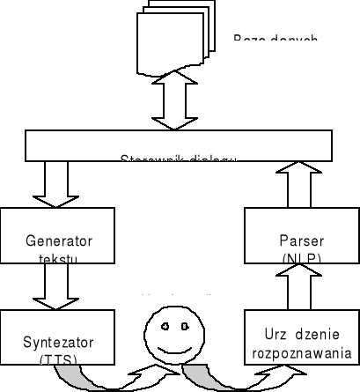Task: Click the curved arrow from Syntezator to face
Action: click(97, 377)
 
